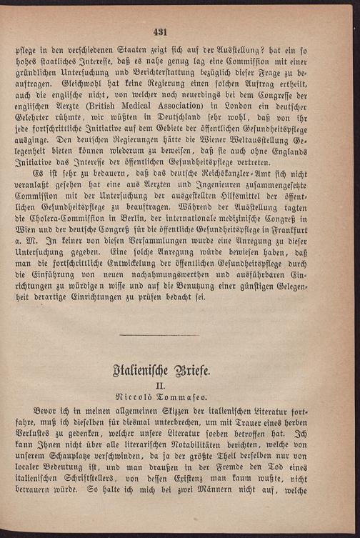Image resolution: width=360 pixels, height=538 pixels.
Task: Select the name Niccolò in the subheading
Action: click(147, 405)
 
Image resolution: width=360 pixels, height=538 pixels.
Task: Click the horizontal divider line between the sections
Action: click(179, 336)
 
